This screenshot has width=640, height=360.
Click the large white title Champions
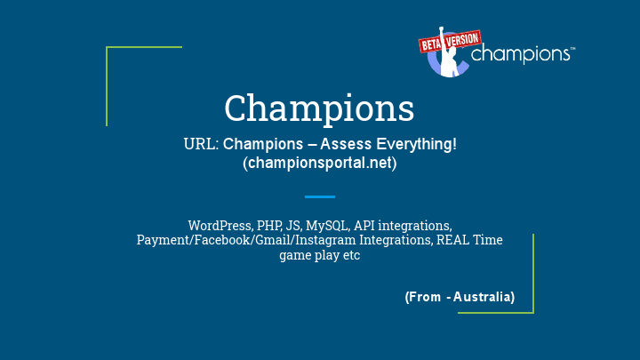tap(319, 108)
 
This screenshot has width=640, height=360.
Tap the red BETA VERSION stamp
tap(449, 41)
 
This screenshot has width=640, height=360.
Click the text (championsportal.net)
tap(319, 164)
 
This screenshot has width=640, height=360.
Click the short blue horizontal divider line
tap(319, 196)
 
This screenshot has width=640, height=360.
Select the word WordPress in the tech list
tap(219, 226)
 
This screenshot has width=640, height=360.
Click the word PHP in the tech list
tap(269, 226)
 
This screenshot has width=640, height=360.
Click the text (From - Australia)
tap(460, 296)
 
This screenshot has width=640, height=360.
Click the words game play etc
tap(319, 255)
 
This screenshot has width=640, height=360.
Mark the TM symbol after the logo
tap(572, 51)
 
